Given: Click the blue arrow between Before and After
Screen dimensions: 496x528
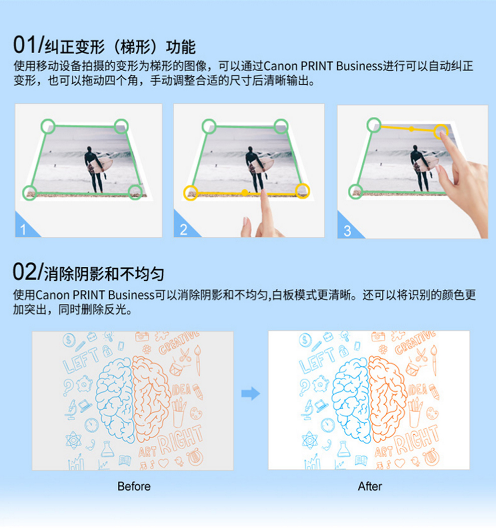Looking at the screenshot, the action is [x=251, y=393].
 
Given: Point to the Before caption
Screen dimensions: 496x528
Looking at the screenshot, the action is [x=134, y=486].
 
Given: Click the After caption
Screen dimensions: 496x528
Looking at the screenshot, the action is [x=370, y=486].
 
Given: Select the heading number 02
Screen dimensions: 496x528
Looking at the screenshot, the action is [x=25, y=272].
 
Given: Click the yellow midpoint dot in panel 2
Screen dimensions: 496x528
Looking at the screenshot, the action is [x=244, y=193].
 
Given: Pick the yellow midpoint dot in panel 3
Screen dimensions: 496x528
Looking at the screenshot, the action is [x=411, y=129].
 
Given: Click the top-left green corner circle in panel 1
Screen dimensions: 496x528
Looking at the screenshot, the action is [x=48, y=126].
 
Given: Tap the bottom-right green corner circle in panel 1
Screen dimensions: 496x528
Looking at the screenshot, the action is [x=135, y=192].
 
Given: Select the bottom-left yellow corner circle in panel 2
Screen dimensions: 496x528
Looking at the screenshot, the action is [x=190, y=193].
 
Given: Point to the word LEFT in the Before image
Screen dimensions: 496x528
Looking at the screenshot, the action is [x=81, y=360].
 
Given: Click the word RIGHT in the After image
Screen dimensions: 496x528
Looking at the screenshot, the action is [x=416, y=439].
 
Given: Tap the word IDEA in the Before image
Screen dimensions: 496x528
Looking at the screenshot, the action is [x=182, y=390].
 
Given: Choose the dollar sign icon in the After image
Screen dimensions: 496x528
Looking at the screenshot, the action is [x=305, y=340].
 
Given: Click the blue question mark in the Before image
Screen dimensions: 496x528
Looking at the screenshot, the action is [x=68, y=387].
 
